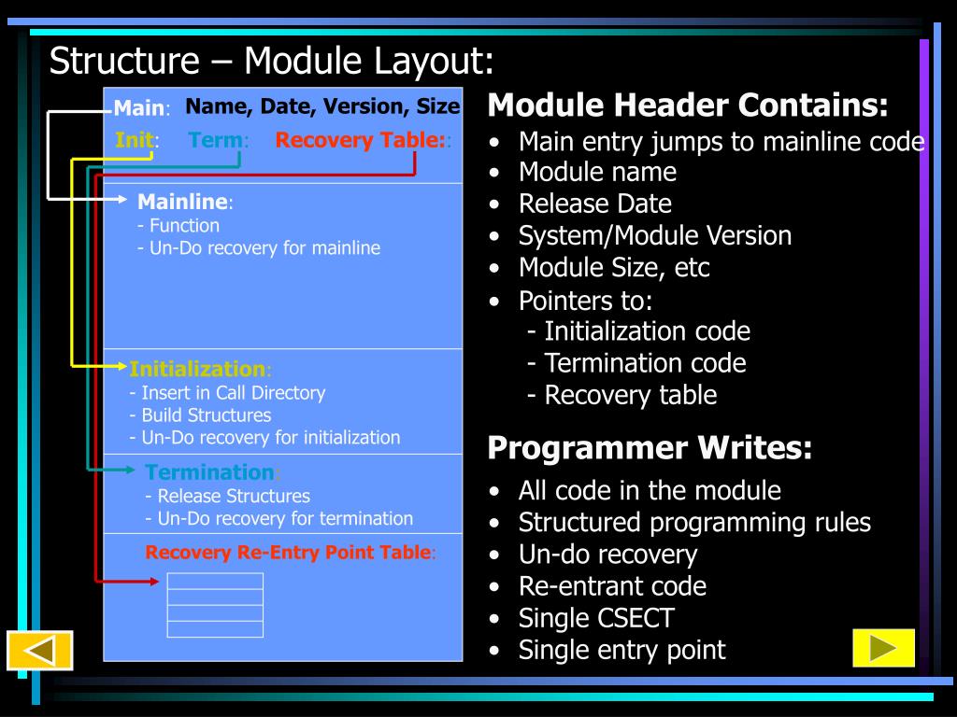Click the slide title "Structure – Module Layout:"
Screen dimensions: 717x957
[271, 62]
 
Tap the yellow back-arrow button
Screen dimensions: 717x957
[39, 650]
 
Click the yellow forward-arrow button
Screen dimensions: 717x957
[883, 648]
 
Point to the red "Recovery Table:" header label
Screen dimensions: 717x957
[361, 141]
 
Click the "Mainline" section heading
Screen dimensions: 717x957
[183, 202]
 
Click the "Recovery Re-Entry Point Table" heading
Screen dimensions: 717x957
[289, 553]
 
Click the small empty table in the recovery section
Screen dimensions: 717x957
[215, 605]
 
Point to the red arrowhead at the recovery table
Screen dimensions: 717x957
[153, 582]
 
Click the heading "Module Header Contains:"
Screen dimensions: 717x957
[688, 105]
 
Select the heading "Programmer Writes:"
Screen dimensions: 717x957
[650, 449]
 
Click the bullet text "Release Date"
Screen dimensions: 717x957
[594, 204]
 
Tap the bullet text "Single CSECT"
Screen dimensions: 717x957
[595, 618]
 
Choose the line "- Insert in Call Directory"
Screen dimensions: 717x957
[227, 393]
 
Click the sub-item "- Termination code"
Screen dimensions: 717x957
[636, 363]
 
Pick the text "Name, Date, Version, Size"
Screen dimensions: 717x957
[322, 107]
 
